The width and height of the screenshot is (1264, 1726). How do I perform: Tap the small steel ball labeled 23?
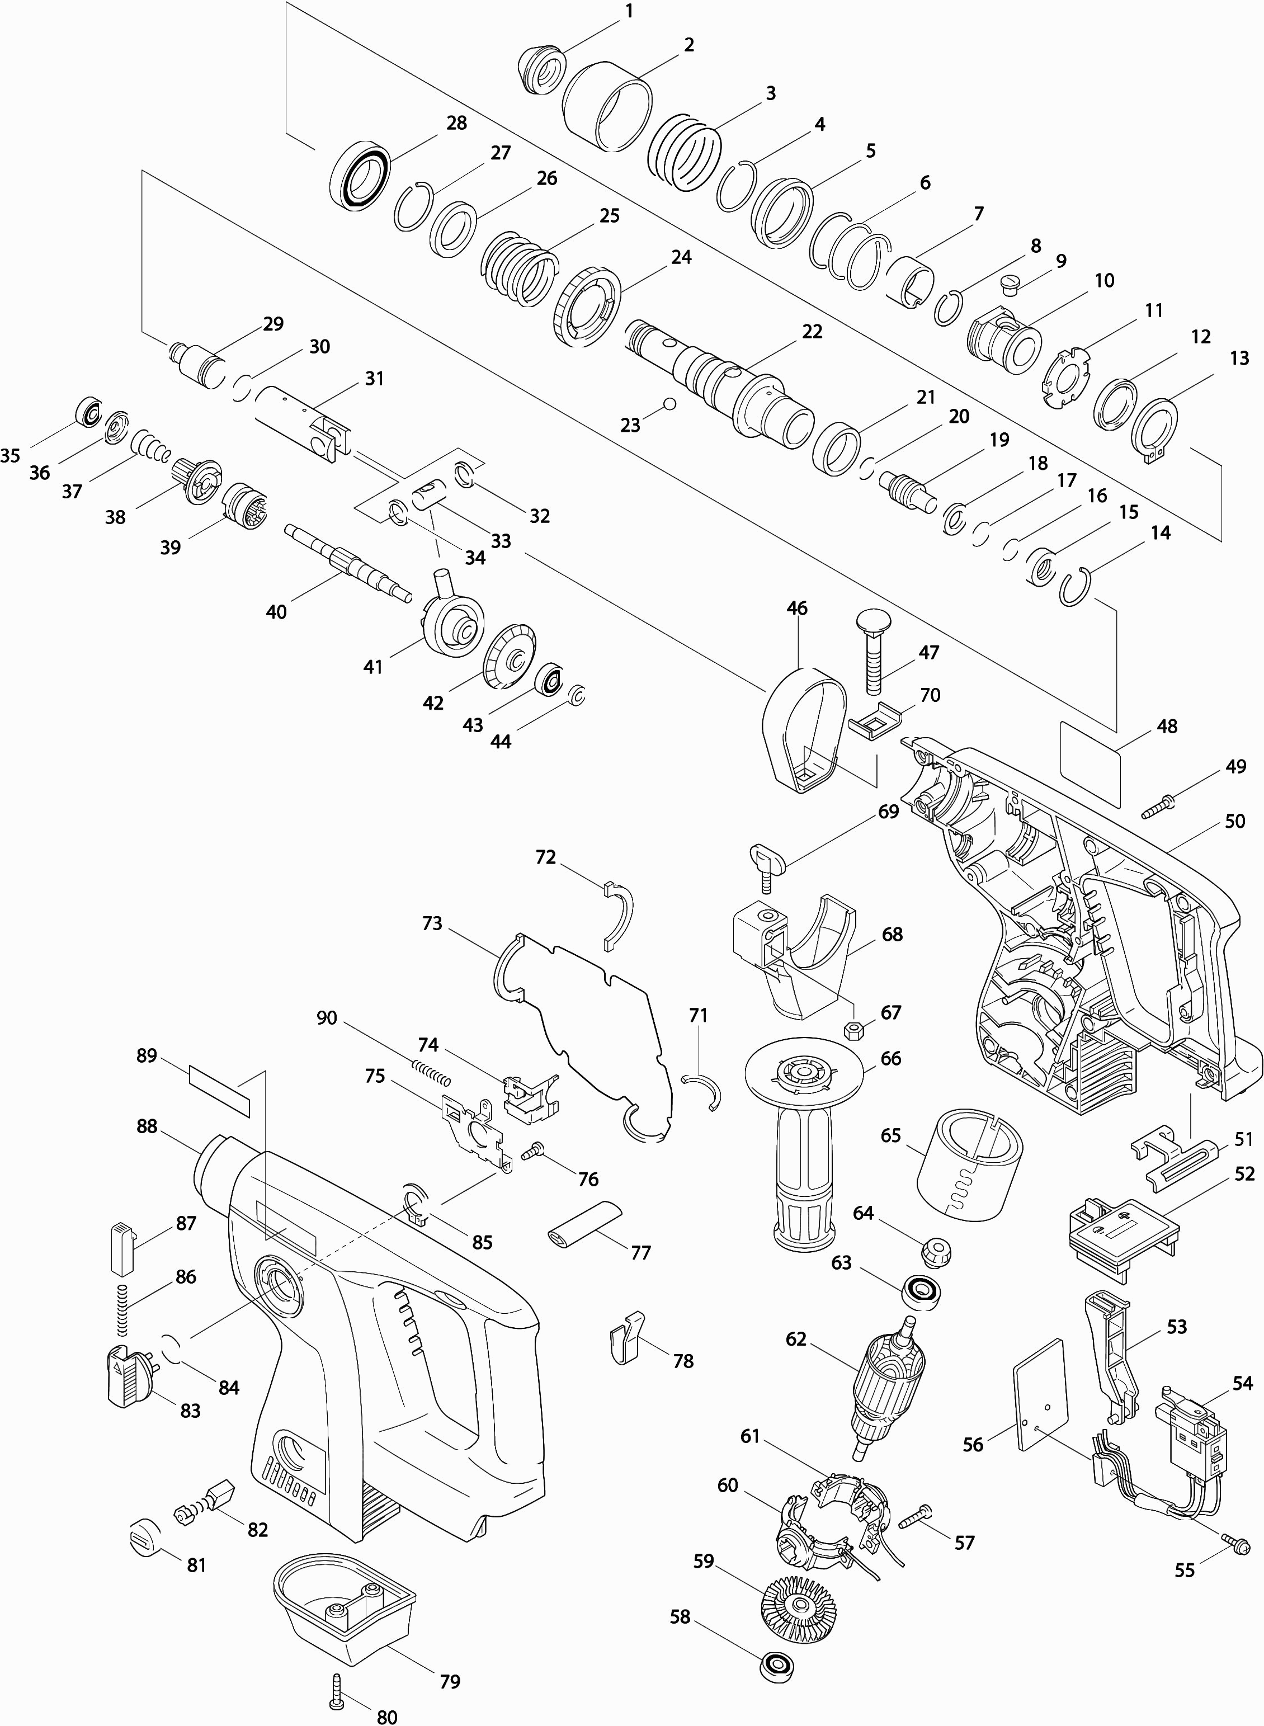(670, 403)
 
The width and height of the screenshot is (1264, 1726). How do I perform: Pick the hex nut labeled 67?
(854, 1030)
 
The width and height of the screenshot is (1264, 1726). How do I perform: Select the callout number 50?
(1235, 821)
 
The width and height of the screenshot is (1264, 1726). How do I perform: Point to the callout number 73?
(432, 923)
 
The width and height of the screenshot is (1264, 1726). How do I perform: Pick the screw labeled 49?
(1160, 805)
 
